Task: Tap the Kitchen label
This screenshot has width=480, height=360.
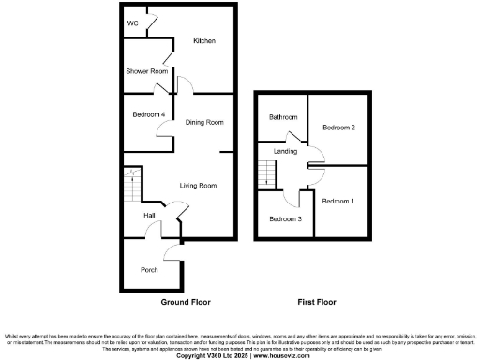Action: click(204, 41)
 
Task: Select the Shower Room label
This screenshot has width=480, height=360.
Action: click(147, 71)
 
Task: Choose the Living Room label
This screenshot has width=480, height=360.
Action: click(199, 186)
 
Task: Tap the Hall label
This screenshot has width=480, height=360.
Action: click(149, 216)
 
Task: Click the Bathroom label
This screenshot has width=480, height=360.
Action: click(283, 117)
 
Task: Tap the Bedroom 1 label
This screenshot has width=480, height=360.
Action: click(338, 202)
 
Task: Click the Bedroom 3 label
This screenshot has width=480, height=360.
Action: click(285, 218)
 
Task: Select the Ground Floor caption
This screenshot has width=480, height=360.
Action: click(186, 303)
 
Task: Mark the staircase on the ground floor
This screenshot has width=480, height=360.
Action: click(130, 186)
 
